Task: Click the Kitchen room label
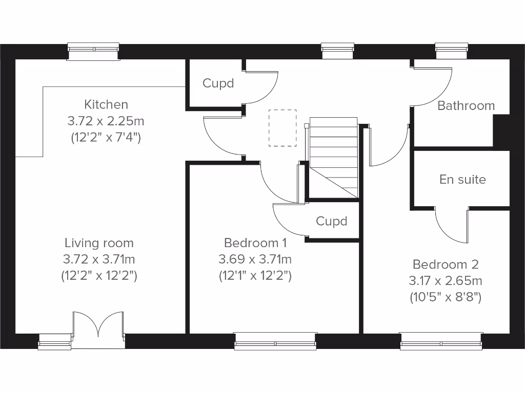pos(106,105)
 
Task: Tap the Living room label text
pos(99,243)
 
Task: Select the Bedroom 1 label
pos(255,243)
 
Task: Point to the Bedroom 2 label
pos(446,265)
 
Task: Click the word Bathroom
pos(466,106)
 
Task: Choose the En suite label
pos(462,180)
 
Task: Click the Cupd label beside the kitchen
pos(218,83)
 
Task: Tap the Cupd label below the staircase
pos(331,221)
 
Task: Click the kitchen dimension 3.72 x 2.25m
pos(106,121)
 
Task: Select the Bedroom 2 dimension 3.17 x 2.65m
pos(446,281)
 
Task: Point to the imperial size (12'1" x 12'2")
pos(255,276)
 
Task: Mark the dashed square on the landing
pos(282,128)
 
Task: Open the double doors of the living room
pos(98,330)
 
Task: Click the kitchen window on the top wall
pos(94,51)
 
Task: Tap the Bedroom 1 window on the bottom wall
pos(275,341)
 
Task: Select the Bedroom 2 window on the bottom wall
pos(441,341)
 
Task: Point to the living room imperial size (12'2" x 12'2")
pos(99,276)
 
